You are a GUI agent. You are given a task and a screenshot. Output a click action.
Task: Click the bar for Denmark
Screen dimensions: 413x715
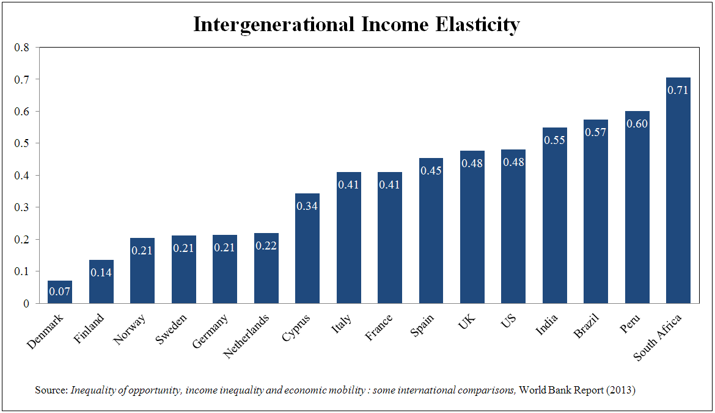click(x=60, y=292)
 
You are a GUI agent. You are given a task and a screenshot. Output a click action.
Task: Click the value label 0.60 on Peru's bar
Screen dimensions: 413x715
click(x=637, y=124)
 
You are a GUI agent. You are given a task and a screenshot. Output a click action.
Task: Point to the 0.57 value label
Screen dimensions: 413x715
click(x=595, y=132)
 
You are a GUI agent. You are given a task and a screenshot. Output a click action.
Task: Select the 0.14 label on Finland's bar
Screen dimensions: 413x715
click(x=101, y=273)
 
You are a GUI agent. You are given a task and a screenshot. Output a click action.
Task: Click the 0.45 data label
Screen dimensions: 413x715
click(x=431, y=171)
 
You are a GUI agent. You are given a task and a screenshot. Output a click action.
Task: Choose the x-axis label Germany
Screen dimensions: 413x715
click(x=210, y=332)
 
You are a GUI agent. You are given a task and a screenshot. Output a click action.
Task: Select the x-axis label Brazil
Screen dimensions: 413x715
click(x=587, y=326)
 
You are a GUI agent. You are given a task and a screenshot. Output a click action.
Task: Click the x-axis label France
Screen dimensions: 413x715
click(x=379, y=327)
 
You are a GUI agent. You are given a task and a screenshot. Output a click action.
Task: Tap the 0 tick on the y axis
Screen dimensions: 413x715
click(x=26, y=303)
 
